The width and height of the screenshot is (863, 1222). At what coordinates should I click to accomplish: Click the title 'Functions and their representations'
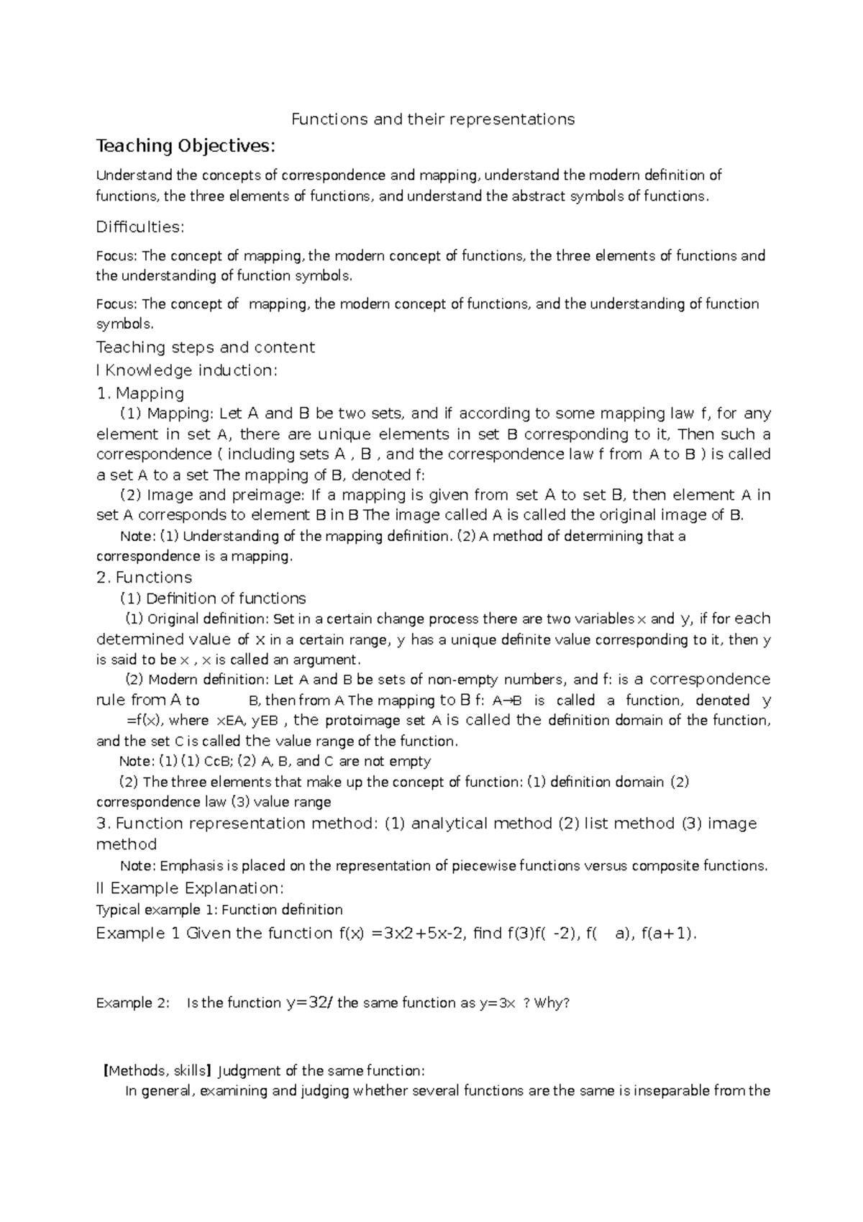coord(432,119)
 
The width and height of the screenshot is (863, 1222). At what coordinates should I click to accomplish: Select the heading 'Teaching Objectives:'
coord(186,146)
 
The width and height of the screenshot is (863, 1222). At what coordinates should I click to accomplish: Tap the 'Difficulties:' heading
coord(140,227)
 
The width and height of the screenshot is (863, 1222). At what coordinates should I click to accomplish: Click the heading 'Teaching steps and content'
coord(206,347)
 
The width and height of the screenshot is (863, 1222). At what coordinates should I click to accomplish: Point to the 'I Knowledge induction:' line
coord(186,370)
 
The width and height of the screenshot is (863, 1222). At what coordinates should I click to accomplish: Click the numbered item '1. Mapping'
coord(140,393)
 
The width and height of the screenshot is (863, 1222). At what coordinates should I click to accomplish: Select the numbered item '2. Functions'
coord(144,578)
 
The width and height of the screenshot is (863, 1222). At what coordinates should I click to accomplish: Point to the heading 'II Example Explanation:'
coord(191,888)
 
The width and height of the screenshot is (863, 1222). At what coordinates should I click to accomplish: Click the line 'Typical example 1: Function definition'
coord(219,910)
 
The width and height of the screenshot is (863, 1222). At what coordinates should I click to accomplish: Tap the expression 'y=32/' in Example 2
coord(309,1003)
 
